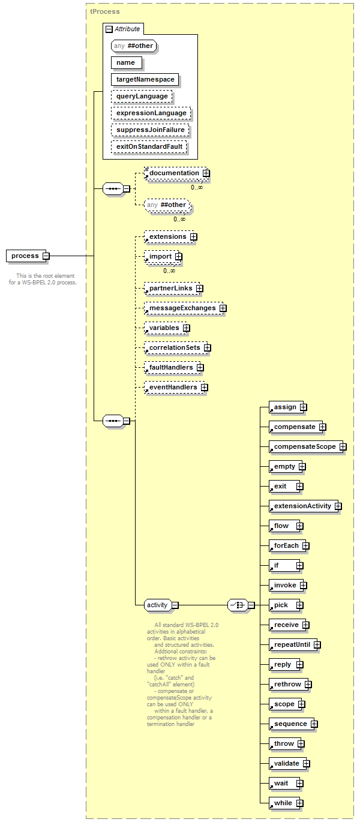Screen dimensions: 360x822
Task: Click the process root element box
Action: coord(26,256)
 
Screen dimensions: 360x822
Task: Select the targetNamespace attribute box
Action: coord(145,79)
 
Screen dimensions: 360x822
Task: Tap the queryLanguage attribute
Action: coord(142,96)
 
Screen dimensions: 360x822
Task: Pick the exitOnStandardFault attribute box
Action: coord(149,146)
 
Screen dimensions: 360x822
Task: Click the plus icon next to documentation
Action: coord(206,173)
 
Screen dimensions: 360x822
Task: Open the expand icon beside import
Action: coord(178,257)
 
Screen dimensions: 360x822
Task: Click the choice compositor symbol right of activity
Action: coord(238,605)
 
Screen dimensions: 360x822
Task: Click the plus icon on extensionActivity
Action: coord(338,506)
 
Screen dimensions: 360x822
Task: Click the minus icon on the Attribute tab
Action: coord(109,29)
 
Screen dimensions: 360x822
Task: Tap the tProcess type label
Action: coord(105,11)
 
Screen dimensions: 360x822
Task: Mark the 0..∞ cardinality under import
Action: coord(169,271)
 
